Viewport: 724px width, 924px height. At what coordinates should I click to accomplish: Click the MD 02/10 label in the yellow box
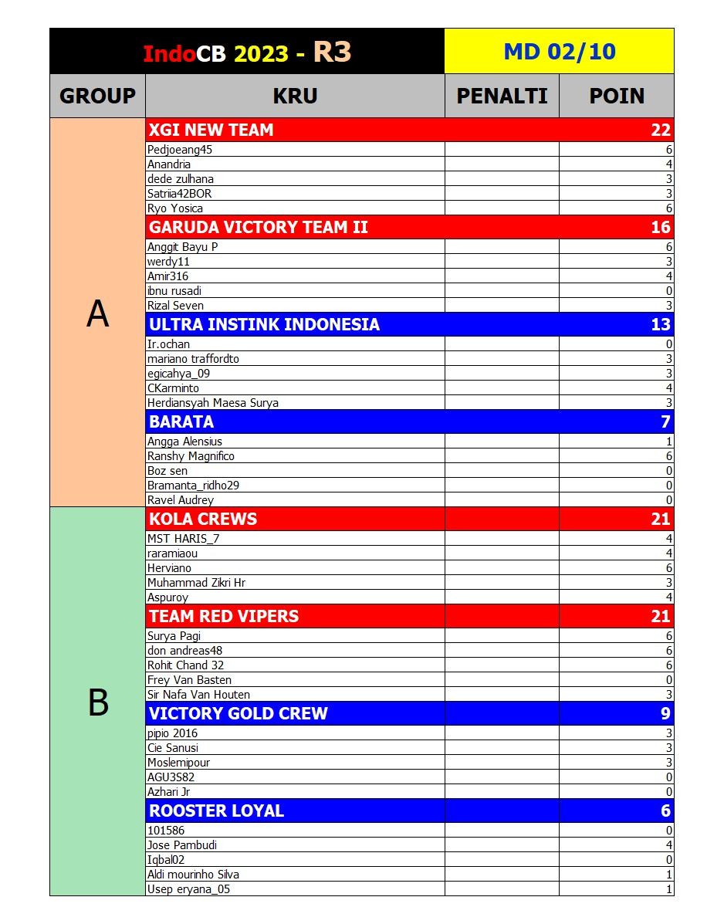559,52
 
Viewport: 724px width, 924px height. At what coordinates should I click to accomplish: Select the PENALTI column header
502,96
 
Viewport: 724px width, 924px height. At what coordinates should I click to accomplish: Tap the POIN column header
617,96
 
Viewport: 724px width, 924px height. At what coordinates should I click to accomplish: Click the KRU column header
295,96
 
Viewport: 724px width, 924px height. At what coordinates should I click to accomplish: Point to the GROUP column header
97,96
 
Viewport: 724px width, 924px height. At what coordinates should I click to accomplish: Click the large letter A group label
97,313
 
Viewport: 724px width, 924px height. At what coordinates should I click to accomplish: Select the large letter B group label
98,702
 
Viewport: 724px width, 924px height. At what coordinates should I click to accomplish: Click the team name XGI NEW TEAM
211,130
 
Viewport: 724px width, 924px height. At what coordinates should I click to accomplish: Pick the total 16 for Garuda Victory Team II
661,227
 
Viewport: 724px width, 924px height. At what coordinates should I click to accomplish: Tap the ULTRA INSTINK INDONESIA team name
264,324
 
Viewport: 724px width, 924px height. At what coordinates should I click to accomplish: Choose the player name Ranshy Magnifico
191,456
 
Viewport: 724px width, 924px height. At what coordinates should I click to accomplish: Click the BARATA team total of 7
665,421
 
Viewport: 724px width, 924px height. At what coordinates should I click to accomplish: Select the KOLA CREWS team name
203,519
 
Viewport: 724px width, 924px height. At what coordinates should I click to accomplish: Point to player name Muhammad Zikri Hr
196,583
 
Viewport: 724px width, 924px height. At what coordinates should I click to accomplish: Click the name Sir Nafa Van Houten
198,695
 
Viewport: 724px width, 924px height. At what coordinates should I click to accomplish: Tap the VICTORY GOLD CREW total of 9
665,713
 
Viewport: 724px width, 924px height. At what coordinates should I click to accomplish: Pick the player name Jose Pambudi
182,845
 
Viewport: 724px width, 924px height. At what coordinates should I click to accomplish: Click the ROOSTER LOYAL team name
216,811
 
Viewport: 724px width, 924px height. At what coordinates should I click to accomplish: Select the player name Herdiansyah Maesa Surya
213,403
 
